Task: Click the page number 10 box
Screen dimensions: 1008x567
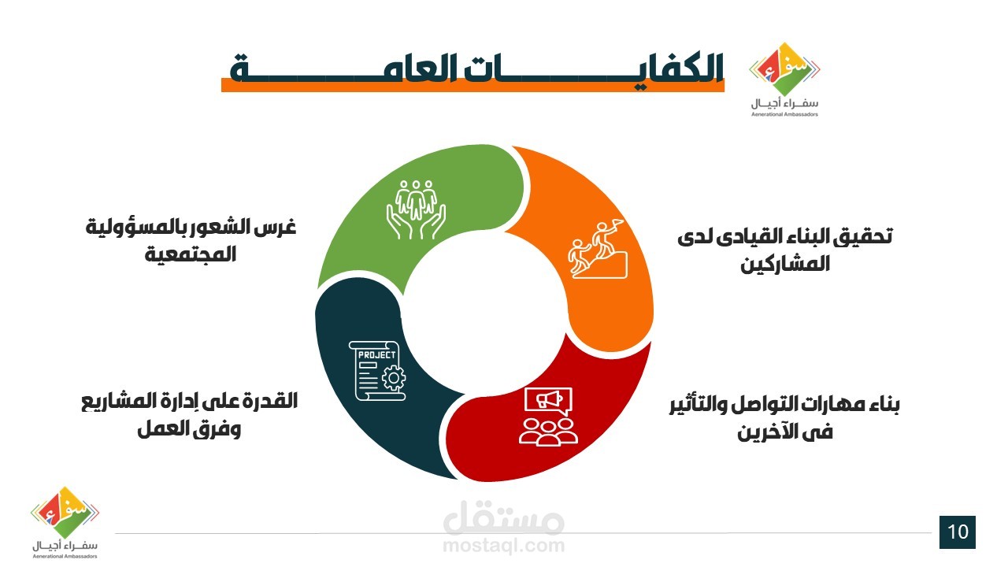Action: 957,532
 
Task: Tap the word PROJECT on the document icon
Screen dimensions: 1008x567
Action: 376,355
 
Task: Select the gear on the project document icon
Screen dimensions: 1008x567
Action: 393,378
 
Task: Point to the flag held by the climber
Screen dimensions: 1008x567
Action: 617,224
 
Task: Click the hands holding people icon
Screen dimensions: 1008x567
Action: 416,209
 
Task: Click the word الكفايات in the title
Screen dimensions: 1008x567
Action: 594,69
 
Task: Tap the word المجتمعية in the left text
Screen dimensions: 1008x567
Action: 191,254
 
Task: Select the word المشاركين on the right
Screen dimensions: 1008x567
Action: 785,264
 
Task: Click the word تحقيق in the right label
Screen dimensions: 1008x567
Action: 862,237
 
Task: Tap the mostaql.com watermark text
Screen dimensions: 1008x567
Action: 504,546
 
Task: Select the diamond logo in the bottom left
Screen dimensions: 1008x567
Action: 65,513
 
